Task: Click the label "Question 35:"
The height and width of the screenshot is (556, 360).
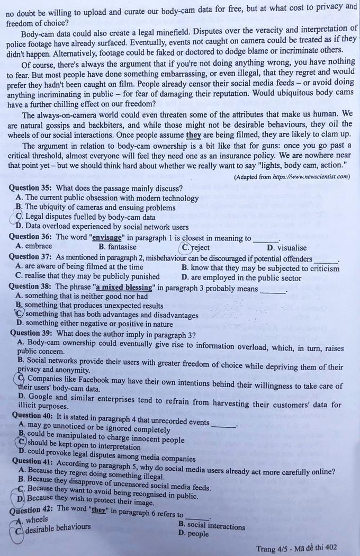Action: (x=31, y=188)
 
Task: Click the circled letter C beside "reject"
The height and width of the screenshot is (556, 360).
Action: (x=186, y=247)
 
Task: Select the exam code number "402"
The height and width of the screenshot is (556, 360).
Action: (x=330, y=548)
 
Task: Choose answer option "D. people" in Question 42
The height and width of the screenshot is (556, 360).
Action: (x=194, y=534)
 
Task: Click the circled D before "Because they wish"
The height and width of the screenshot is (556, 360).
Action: (x=21, y=498)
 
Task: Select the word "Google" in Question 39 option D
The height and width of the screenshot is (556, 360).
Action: (x=41, y=396)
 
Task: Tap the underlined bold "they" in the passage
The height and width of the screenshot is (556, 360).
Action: (x=193, y=135)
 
